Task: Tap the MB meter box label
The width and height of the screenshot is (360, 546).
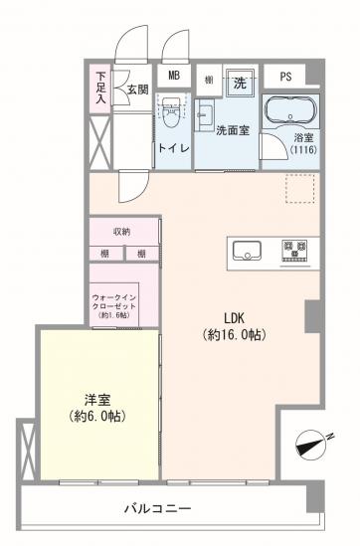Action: coord(173,77)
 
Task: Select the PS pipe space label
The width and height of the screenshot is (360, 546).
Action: coord(285,77)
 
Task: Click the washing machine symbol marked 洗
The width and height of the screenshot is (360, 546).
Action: coord(240,79)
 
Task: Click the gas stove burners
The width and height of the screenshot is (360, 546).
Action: coord(295,247)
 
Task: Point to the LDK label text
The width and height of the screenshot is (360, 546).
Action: coord(234,318)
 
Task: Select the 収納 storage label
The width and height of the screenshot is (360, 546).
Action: coord(121,231)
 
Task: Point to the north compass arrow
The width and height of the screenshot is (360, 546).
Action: coord(315,443)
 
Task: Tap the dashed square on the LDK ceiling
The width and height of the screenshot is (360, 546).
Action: coord(299,189)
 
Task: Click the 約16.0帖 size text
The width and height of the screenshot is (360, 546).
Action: coord(234,335)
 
